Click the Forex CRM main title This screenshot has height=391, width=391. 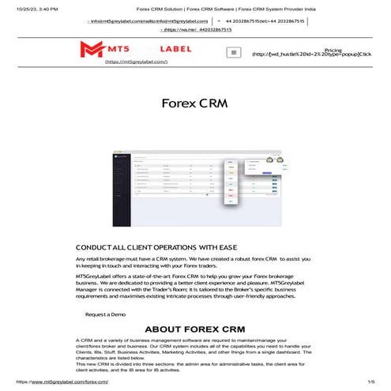click(x=194, y=103)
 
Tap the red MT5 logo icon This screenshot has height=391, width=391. click(x=92, y=50)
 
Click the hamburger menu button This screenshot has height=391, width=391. click(x=233, y=53)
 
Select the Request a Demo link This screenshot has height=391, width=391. click(x=105, y=314)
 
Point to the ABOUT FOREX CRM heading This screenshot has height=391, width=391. click(x=195, y=329)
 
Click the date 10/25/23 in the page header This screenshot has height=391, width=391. click(x=24, y=7)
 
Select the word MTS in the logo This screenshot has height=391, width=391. click(x=120, y=49)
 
